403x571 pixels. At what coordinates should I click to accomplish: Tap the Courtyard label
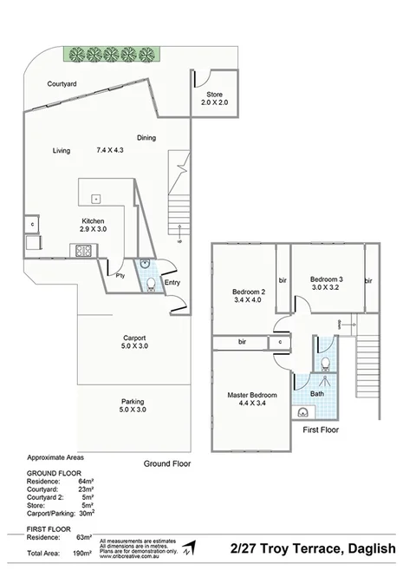62,83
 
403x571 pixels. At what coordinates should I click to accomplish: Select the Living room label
61,150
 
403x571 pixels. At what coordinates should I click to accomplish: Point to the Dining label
146,137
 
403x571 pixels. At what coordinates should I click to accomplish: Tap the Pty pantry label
120,275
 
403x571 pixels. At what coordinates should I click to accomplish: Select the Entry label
172,282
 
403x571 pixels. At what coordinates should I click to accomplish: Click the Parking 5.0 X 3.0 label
133,405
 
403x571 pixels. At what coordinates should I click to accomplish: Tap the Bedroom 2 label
249,296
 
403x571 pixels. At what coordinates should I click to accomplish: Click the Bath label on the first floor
317,393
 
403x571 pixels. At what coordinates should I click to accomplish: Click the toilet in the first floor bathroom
325,363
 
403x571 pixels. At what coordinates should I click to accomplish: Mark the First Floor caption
321,430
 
